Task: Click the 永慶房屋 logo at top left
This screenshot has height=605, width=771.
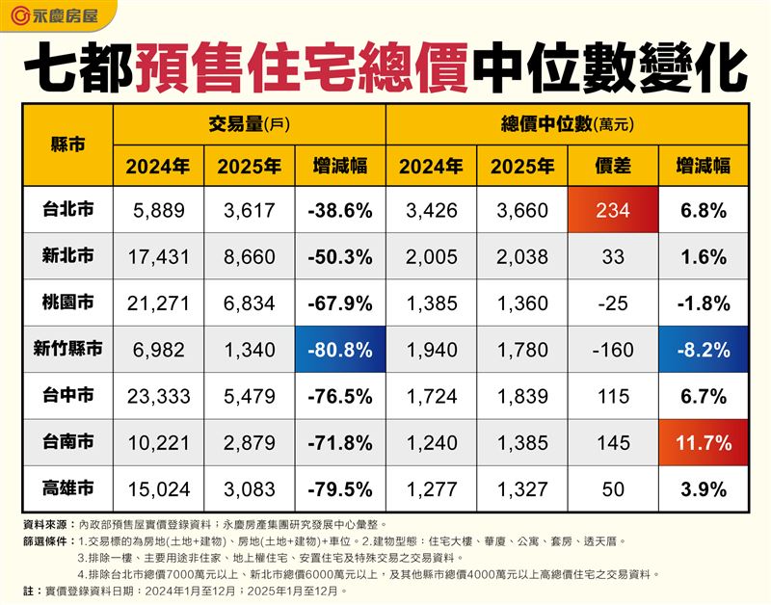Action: point(58,16)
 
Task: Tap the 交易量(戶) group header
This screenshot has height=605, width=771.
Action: point(249,124)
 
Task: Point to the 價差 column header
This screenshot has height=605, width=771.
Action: point(614,166)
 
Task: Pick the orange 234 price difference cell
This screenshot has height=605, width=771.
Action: point(614,210)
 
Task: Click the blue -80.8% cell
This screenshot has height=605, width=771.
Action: point(340,350)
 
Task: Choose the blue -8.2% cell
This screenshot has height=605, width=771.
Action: point(705,350)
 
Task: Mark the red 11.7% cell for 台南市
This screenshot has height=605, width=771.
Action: point(705,443)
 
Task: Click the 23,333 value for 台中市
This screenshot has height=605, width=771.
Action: point(158,397)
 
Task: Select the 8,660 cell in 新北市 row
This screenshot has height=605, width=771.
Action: point(249,257)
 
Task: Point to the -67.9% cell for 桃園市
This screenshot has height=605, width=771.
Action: point(340,303)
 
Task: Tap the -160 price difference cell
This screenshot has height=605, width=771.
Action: point(614,350)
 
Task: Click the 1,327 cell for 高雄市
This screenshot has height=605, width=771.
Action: point(522,489)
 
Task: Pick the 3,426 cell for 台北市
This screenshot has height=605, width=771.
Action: point(431,210)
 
